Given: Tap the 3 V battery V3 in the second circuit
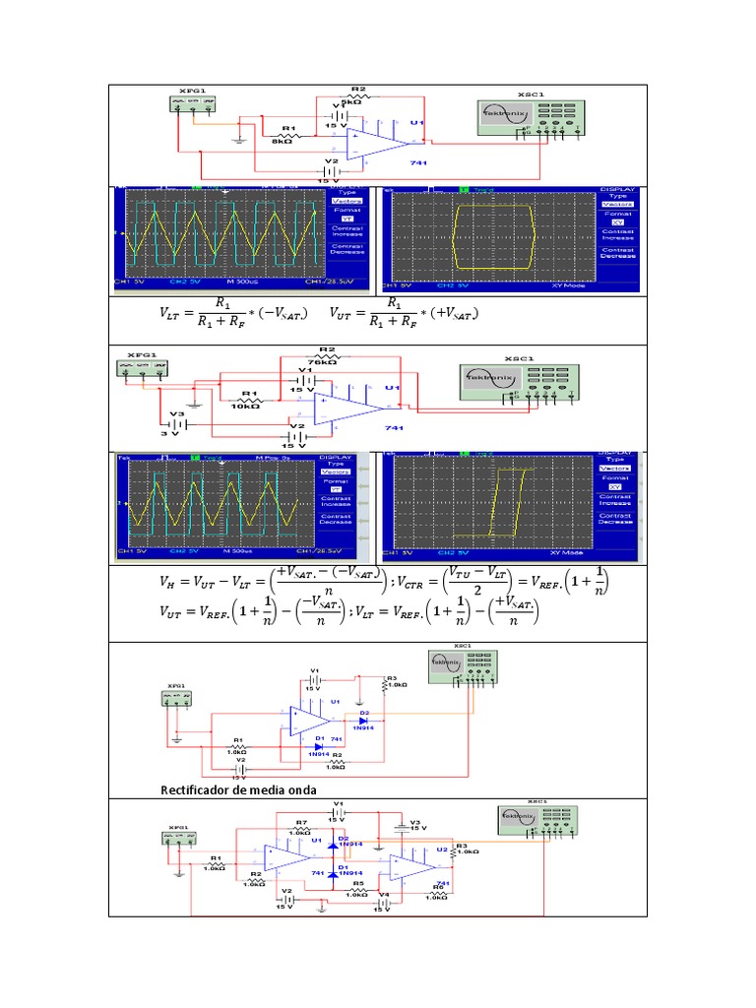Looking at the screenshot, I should coord(176,424).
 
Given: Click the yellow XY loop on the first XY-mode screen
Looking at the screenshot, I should coord(491,236).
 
